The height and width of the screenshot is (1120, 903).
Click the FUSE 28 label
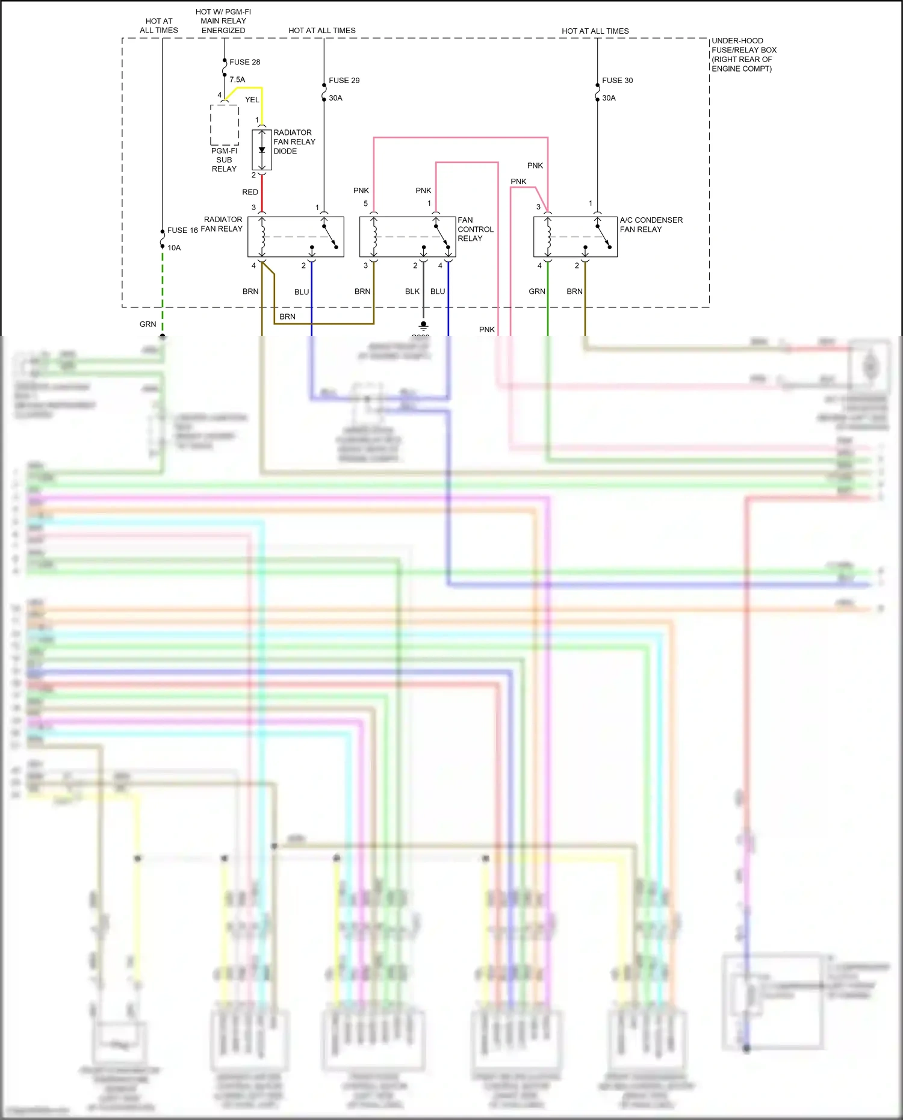point(244,62)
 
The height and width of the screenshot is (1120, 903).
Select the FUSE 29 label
point(344,80)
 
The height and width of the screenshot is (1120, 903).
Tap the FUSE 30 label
point(617,80)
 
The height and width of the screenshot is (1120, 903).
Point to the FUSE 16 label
point(182,230)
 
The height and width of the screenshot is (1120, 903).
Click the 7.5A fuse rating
point(237,79)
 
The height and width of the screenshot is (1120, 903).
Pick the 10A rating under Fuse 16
point(174,247)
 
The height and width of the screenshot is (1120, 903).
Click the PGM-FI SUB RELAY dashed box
point(225,125)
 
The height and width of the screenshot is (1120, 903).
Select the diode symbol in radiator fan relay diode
point(262,150)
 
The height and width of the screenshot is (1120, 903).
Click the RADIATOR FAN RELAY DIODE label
point(294,141)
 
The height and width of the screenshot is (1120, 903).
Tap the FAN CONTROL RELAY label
point(475,229)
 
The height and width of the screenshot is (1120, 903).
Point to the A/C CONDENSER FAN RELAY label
point(651,224)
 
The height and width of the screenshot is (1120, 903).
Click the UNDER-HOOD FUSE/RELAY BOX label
point(743,55)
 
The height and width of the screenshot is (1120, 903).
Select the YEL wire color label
point(252,100)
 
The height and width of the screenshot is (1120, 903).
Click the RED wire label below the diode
point(250,192)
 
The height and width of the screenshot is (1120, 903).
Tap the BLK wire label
point(412,291)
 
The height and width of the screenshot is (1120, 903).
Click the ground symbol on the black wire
point(423,326)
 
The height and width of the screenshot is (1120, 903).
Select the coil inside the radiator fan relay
point(262,237)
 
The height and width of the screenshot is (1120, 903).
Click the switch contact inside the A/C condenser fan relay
point(603,236)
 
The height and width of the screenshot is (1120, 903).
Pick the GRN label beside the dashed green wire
point(147,324)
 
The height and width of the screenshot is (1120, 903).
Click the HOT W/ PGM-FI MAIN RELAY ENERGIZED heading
point(223,21)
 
